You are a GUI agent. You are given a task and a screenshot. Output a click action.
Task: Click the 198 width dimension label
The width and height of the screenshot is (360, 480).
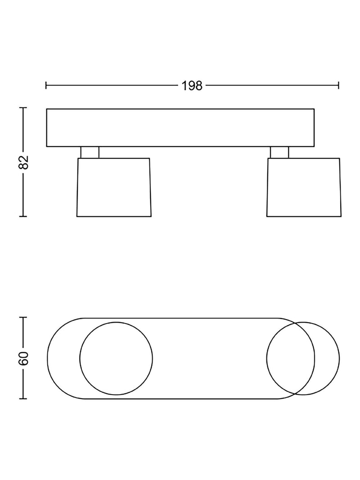tap(192, 86)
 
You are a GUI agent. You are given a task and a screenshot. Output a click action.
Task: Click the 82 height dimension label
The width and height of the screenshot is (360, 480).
tap(23, 162)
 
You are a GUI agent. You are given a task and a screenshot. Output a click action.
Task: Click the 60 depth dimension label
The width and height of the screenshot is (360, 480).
tap(23, 358)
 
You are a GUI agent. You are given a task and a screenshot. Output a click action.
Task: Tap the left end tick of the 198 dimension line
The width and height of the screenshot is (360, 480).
tap(46, 85)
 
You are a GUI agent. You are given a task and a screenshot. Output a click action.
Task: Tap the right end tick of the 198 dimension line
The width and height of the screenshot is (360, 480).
tap(338, 85)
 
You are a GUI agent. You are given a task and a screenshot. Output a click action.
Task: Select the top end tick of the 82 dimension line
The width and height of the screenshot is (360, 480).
tap(23, 108)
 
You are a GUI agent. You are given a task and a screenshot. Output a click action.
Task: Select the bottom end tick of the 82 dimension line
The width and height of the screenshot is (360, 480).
tap(23, 216)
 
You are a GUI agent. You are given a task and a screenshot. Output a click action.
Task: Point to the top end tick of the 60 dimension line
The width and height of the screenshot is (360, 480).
tap(23, 318)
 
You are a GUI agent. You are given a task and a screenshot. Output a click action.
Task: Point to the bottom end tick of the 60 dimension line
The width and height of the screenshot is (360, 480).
tap(23, 399)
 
